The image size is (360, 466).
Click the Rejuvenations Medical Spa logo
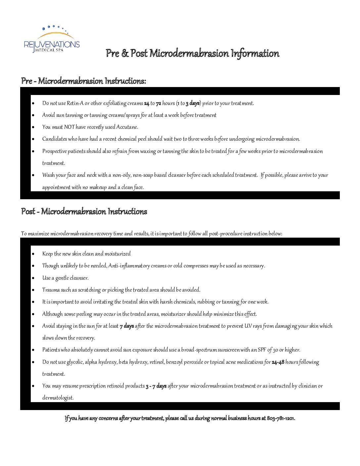[52, 39]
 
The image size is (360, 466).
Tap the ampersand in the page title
[125, 53]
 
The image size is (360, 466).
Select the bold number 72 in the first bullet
[158, 103]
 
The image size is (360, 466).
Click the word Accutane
[127, 127]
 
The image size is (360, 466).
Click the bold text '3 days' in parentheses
[193, 103]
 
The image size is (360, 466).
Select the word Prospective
[55, 151]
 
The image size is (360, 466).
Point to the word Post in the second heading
[28, 211]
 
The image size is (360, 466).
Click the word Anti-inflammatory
[129, 266]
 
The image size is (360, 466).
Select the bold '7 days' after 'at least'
[127, 326]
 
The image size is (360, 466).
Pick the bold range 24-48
[278, 362]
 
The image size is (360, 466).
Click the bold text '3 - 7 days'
[156, 386]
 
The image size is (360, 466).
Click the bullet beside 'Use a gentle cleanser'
[33, 278]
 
